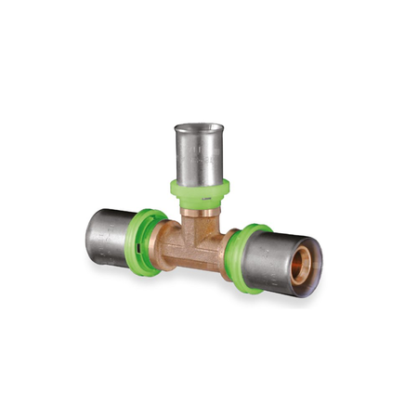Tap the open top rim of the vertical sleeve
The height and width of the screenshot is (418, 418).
click(x=199, y=127)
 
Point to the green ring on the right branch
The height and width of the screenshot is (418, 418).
click(x=245, y=257)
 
